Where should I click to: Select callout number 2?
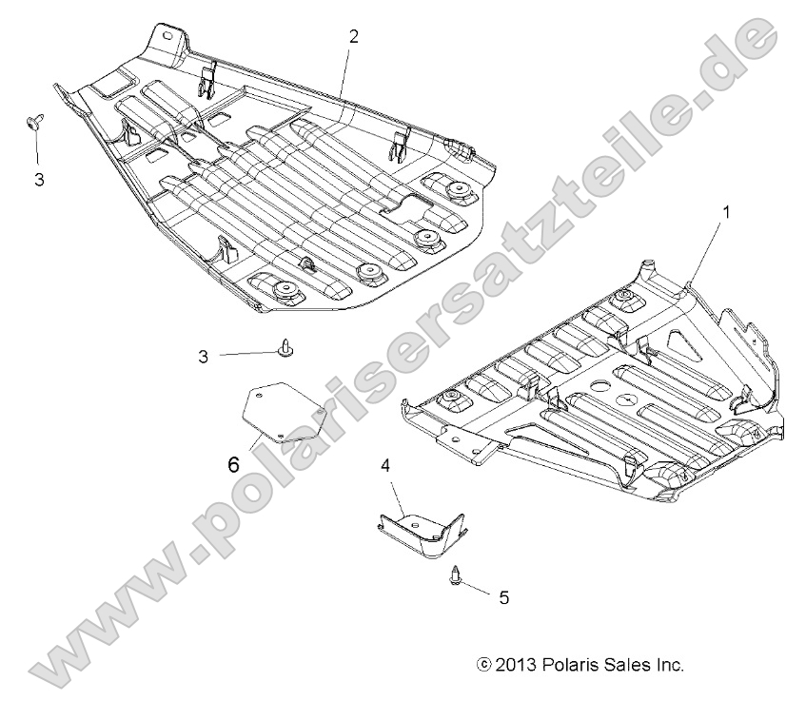(353, 37)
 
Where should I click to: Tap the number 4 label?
(385, 465)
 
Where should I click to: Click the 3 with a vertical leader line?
(39, 179)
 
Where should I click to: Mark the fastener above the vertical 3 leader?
(36, 120)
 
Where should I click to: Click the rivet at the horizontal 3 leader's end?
(285, 350)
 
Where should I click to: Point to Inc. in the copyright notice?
(669, 665)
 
